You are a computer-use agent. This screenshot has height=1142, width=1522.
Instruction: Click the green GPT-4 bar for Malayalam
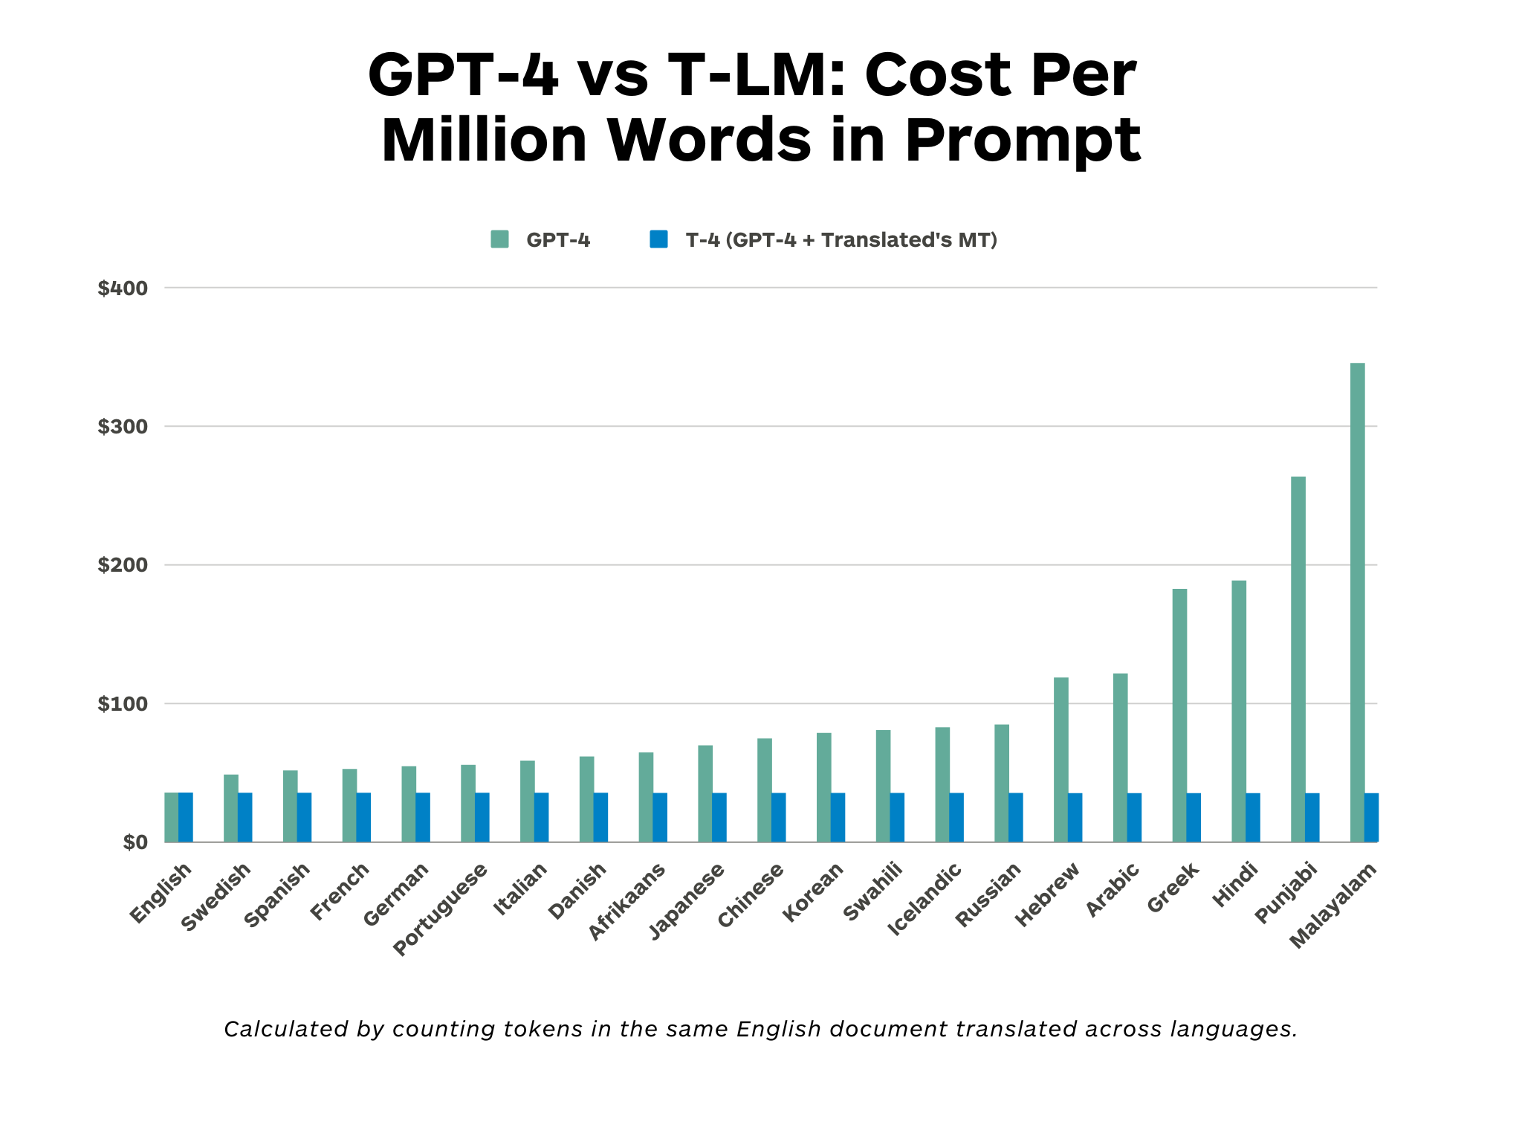(x=1357, y=602)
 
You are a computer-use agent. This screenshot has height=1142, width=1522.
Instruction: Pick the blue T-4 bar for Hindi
(x=1253, y=817)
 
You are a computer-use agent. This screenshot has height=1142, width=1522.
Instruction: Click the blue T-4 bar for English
(x=186, y=817)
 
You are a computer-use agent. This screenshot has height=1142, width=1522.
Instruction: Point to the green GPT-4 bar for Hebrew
(x=1060, y=759)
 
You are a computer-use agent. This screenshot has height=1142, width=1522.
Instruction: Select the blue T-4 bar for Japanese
(x=719, y=817)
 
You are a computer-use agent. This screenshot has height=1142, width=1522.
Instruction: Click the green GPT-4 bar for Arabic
(x=1120, y=758)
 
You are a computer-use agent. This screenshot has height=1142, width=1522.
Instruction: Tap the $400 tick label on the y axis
(x=123, y=288)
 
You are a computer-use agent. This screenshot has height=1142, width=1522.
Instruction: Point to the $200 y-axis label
(x=123, y=565)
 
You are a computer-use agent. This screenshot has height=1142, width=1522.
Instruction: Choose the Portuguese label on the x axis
(x=440, y=909)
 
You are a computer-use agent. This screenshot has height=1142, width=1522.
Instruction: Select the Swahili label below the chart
(x=873, y=891)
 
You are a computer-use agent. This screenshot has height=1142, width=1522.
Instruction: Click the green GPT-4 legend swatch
(x=499, y=239)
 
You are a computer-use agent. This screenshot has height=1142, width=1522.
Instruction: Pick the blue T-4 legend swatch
(x=658, y=239)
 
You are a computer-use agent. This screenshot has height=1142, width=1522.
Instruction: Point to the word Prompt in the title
(x=1022, y=141)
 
